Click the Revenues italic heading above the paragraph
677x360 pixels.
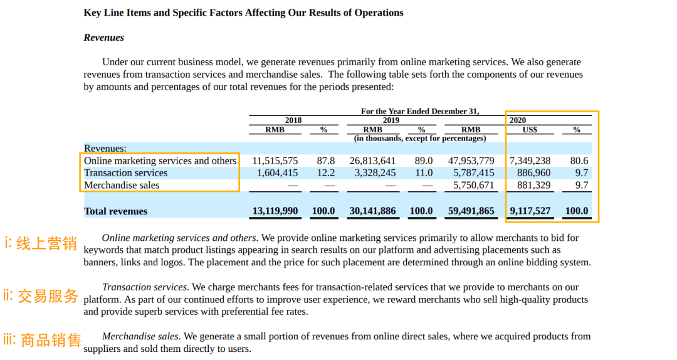(x=104, y=38)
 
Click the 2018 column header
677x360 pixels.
(x=293, y=120)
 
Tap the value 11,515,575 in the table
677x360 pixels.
(x=275, y=161)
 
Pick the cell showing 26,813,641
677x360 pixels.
(x=372, y=161)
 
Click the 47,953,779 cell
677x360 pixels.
(x=471, y=161)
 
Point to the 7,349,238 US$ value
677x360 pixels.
(x=530, y=161)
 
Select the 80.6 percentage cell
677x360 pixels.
(x=579, y=161)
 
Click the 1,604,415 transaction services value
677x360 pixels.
(x=277, y=173)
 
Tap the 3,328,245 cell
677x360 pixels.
(x=375, y=173)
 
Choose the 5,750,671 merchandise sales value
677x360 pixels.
(x=473, y=186)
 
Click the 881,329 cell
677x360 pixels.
(x=533, y=186)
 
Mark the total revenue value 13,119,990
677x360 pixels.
(x=275, y=211)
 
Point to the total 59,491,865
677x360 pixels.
(x=471, y=211)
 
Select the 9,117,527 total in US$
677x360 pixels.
(x=530, y=211)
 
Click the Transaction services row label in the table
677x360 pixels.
(x=126, y=173)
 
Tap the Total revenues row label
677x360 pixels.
(x=116, y=211)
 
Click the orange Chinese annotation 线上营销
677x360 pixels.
(x=46, y=244)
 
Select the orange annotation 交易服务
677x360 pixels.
(x=48, y=295)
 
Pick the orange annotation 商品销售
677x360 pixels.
(x=51, y=341)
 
